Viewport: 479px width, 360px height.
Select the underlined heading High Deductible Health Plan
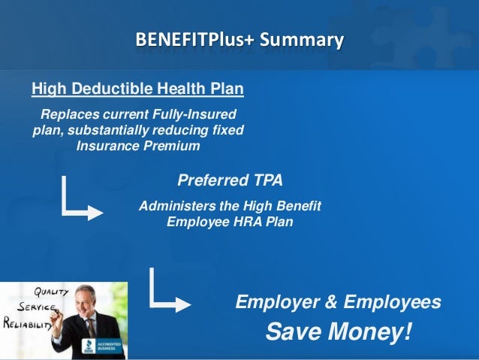[137, 90]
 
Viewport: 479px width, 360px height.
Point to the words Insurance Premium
[138, 145]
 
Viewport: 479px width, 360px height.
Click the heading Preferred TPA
[230, 180]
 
